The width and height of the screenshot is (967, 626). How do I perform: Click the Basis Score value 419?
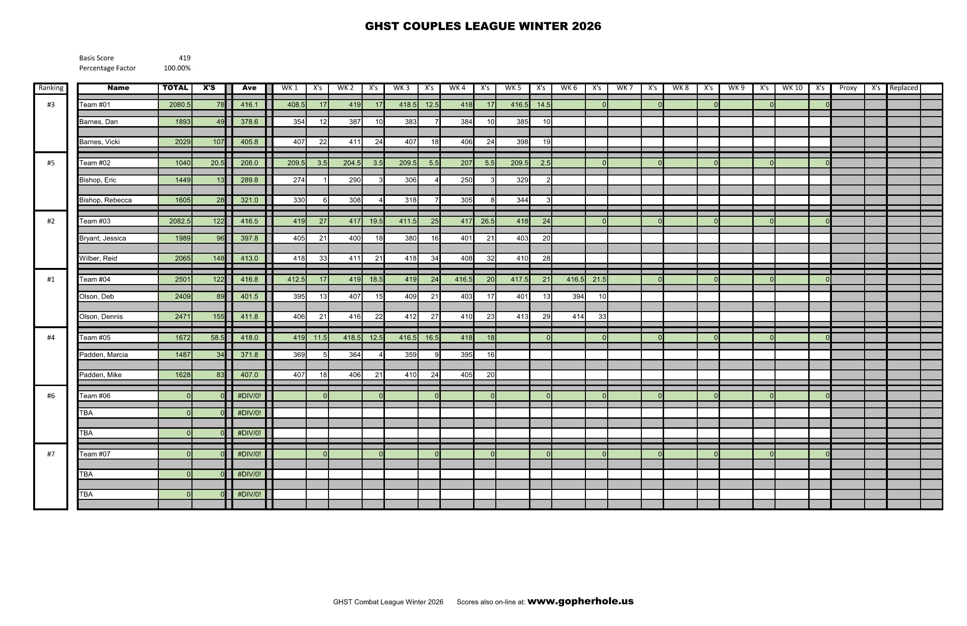pos(184,58)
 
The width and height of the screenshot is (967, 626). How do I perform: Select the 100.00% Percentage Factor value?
pos(177,68)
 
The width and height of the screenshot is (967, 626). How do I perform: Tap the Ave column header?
pos(249,88)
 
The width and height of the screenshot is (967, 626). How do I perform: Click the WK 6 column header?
pos(569,88)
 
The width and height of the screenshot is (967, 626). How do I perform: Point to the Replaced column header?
pos(903,88)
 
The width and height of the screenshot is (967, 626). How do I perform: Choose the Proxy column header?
pos(848,88)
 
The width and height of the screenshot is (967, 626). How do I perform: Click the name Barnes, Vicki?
pos(100,142)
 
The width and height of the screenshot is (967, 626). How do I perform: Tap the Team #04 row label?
pos(95,279)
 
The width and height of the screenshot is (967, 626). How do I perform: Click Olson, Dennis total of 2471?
pos(182,317)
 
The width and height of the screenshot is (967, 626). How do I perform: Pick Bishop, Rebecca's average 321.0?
pos(249,200)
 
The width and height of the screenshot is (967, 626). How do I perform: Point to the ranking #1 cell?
pos(51,279)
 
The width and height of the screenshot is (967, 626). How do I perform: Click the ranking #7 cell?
pos(51,454)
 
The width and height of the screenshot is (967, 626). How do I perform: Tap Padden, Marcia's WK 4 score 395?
pos(466,355)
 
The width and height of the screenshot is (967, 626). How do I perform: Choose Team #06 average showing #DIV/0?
pos(249,396)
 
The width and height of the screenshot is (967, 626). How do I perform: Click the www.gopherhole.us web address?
pos(580,601)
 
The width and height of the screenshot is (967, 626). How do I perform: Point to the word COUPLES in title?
pos(431,26)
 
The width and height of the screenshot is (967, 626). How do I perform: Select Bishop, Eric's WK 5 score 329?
pos(522,180)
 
